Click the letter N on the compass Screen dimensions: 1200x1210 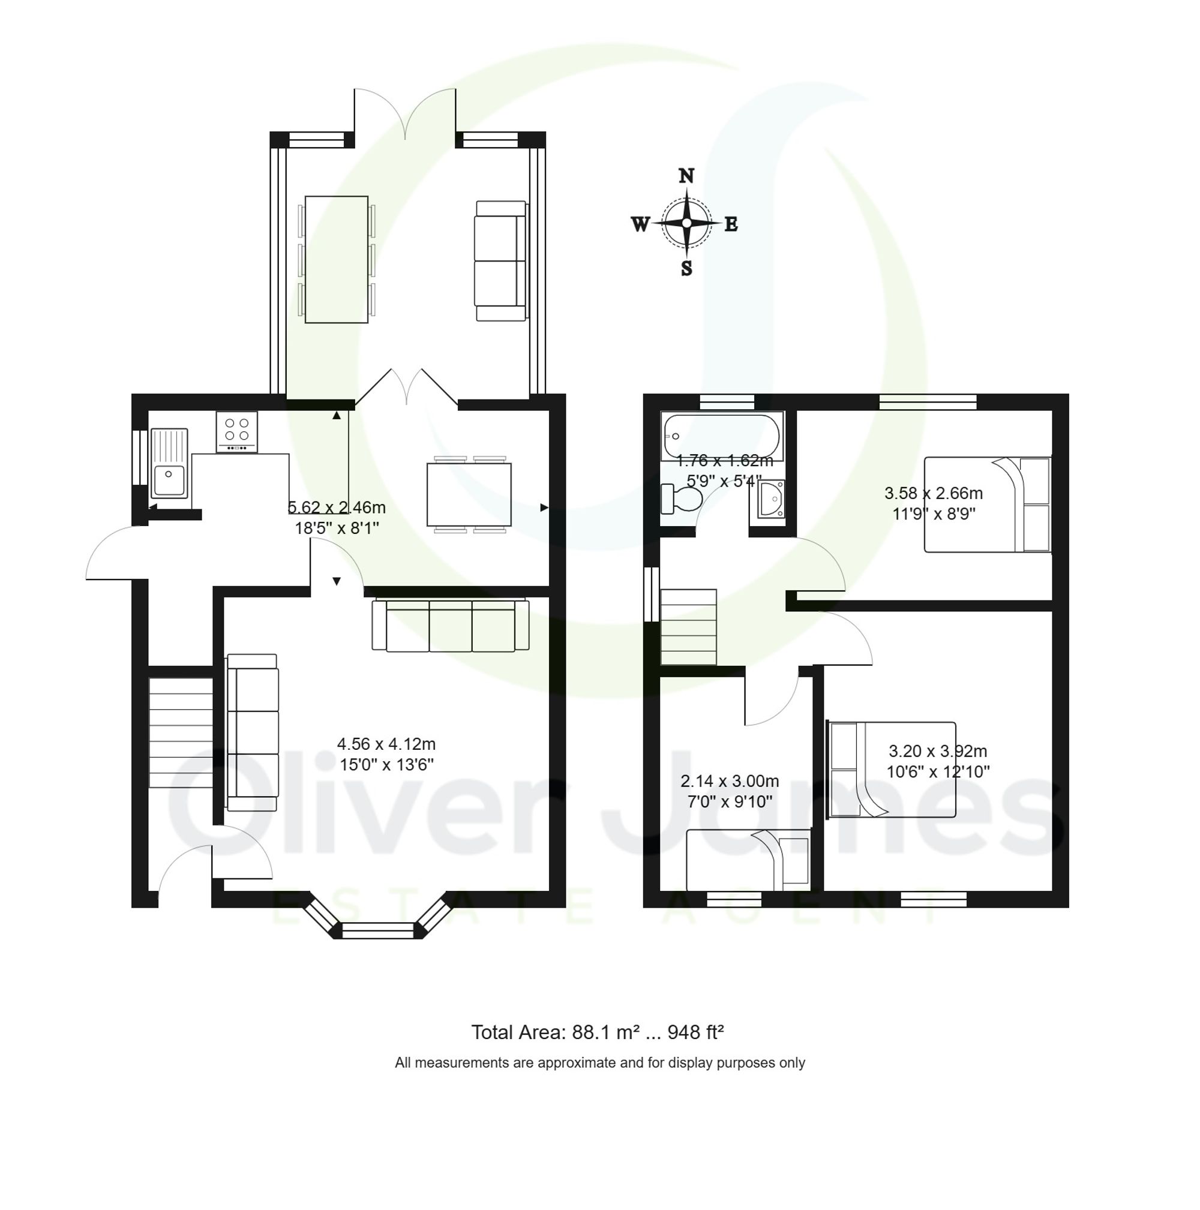(686, 176)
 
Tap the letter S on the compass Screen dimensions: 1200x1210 (686, 269)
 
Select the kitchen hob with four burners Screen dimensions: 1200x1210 (237, 431)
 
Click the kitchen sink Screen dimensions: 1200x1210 (169, 464)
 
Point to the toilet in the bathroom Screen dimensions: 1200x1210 (682, 499)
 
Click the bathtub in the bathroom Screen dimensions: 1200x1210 (722, 437)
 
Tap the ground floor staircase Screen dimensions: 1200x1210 (181, 732)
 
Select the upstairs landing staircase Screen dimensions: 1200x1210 (688, 627)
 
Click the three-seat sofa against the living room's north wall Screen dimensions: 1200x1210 (451, 626)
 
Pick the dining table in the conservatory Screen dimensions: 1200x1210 (337, 259)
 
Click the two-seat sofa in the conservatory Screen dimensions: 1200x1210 (502, 260)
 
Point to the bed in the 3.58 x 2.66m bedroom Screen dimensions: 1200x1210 (987, 505)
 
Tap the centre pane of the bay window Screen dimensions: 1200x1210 (378, 930)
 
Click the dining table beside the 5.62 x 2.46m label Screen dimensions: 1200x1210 (469, 495)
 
